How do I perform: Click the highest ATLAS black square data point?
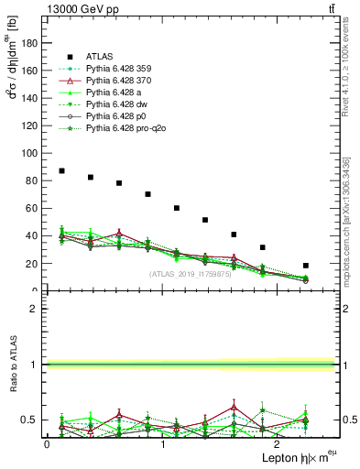tap(61, 170)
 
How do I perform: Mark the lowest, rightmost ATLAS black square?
tap(306, 266)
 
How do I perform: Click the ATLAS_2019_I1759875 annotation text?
tap(189, 274)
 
